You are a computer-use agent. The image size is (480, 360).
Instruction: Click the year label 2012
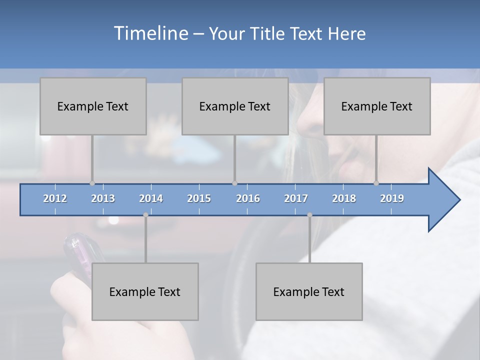coord(55,198)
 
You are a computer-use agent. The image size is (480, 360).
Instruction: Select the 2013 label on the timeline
coord(103,198)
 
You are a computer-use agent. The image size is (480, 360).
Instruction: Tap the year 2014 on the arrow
coord(151,198)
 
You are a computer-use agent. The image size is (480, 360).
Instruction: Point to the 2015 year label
coord(199,198)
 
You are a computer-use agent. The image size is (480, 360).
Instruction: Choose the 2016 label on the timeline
coord(248,198)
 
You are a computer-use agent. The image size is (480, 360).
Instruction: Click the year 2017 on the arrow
coord(296,198)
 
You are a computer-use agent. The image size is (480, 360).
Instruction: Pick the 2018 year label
coord(344,198)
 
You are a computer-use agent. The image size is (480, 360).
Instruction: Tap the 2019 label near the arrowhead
coord(392,198)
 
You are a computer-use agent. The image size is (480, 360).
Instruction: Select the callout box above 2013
coord(93,106)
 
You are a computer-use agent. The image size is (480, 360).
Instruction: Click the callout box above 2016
coord(235,106)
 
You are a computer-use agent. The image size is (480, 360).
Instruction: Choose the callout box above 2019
coord(377,106)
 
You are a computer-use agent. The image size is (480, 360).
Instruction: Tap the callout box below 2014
coord(145,291)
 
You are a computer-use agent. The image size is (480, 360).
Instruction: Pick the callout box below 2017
coord(309,291)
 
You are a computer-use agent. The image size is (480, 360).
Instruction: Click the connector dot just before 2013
coord(92,183)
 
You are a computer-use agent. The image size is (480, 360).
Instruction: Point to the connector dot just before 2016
coord(234,183)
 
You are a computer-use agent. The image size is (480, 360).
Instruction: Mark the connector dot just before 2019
coord(376,183)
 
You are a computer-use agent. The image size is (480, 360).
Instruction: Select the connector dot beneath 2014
coord(145,215)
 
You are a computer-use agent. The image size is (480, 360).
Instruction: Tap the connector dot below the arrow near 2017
coord(309,215)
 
